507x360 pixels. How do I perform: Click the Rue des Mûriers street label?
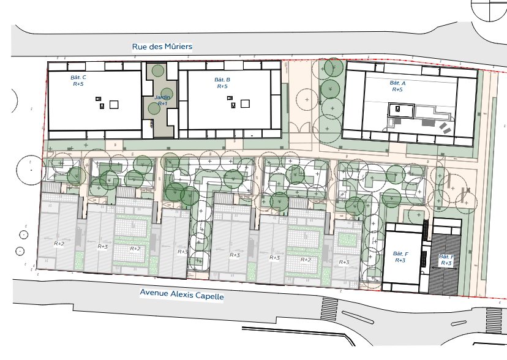coord(162,47)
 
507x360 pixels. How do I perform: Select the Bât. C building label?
coord(78,80)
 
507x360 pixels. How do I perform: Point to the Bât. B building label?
coord(222,83)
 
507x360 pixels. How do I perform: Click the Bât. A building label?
coord(397,86)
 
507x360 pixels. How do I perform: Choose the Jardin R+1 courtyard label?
coord(162,100)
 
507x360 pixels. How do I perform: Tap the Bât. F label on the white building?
coord(400,257)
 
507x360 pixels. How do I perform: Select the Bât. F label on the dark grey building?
coord(446,260)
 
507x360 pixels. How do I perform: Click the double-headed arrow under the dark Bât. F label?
coord(445,268)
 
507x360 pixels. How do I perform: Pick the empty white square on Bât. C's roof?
coord(114,105)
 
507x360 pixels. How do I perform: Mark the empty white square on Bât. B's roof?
coord(245,103)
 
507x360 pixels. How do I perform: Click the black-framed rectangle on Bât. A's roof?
coord(401,111)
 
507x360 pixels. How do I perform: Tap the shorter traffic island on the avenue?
coord(459,323)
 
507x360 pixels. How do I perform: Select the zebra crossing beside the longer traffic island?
coord(329,309)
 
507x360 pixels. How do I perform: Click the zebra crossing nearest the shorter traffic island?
coord(494,320)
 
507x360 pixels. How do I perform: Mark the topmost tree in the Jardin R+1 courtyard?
coord(158,71)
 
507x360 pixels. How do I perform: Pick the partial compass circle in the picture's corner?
coord(489,10)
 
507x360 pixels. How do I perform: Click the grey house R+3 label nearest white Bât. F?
coord(344,262)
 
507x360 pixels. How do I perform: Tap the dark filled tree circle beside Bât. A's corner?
coord(334,67)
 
